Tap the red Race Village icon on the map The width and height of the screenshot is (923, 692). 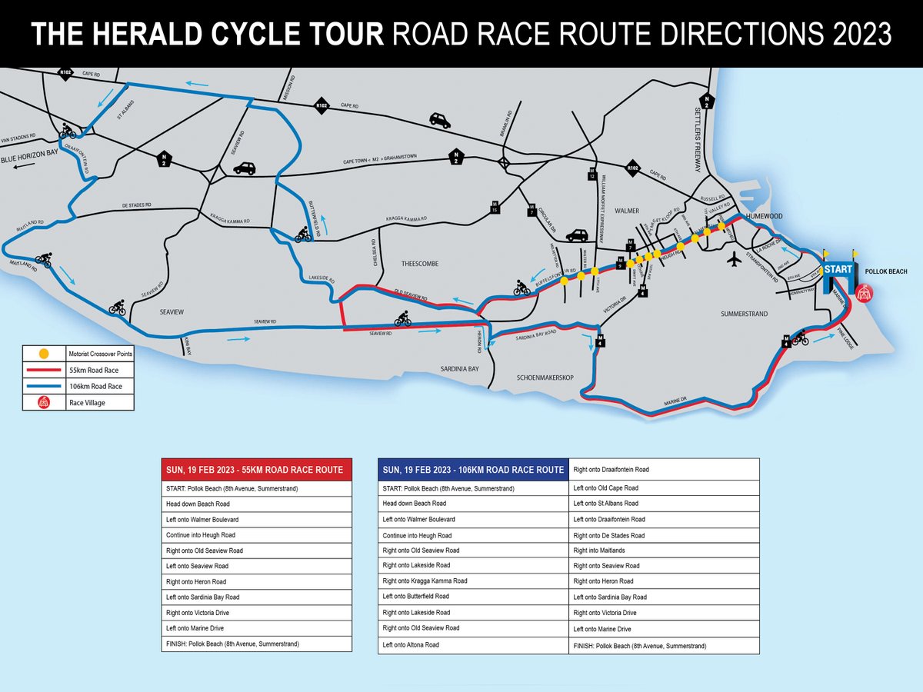click(865, 292)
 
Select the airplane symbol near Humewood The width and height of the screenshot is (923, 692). click(734, 259)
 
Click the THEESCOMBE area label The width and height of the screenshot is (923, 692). click(420, 263)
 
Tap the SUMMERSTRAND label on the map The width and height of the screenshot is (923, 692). click(745, 314)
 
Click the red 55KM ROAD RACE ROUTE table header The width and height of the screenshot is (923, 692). click(256, 470)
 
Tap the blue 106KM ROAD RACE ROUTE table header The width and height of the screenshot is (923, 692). click(473, 470)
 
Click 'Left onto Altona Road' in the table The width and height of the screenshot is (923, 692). click(411, 644)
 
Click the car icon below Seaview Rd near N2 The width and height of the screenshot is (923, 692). click(244, 168)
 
